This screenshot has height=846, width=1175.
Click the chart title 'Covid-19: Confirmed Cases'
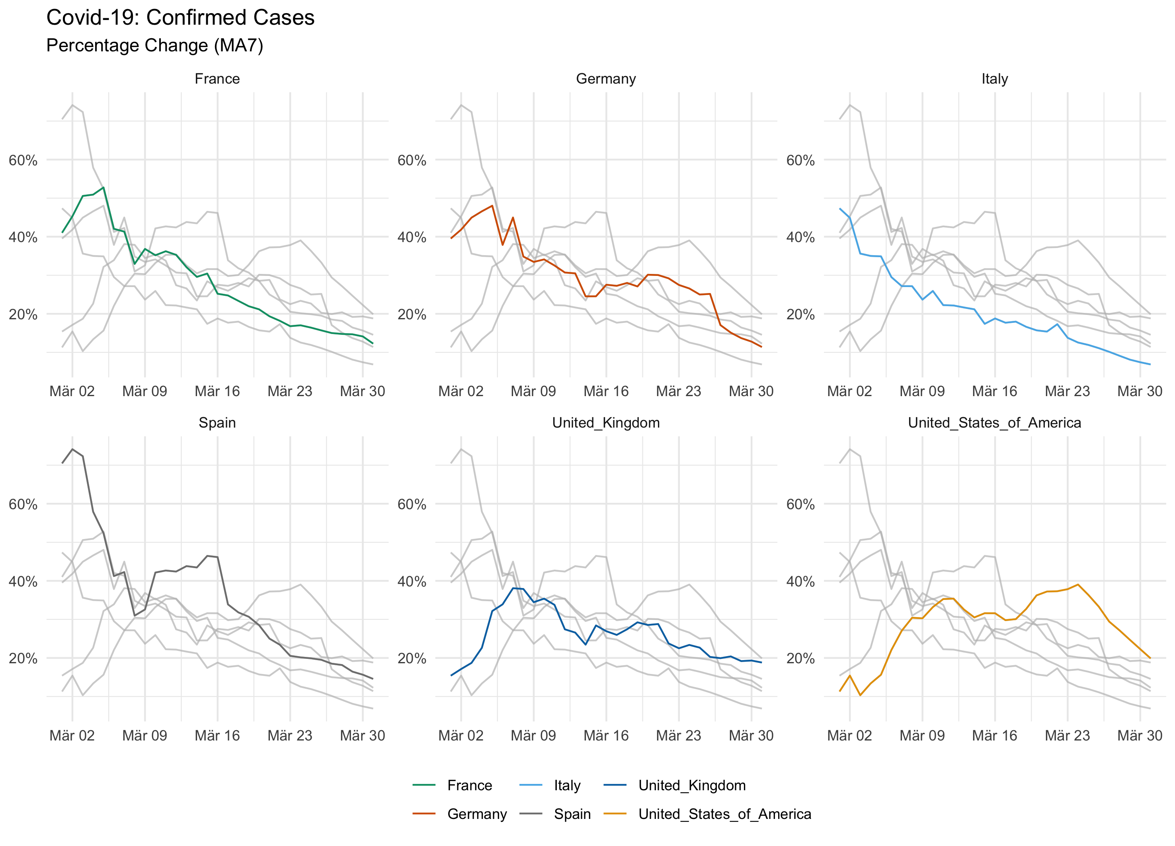[180, 18]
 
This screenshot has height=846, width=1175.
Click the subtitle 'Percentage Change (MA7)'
[154, 46]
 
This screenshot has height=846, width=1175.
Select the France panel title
[217, 79]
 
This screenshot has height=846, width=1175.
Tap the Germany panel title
[606, 79]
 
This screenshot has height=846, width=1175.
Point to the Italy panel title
[994, 79]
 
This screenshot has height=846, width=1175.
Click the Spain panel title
[217, 423]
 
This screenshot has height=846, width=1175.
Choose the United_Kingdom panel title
[606, 423]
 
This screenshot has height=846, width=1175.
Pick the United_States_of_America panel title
[994, 423]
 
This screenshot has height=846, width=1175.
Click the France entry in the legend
[469, 785]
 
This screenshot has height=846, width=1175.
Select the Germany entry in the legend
[476, 814]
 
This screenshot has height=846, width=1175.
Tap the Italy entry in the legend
[567, 785]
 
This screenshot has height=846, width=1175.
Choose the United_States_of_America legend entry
[724, 814]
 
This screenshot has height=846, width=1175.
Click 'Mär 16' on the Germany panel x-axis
[606, 391]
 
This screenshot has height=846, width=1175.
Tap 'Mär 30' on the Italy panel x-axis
[1140, 391]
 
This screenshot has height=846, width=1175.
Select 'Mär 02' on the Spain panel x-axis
[72, 735]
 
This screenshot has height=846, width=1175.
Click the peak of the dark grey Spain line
[72, 449]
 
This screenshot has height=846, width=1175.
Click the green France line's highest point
[103, 188]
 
